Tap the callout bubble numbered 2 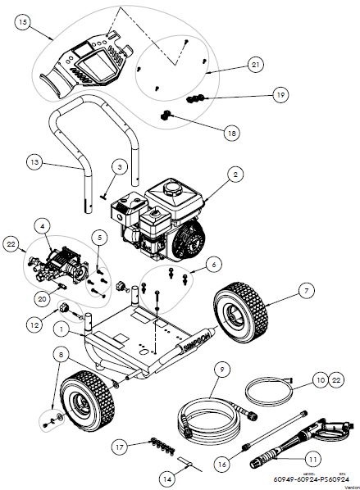click(x=235, y=174)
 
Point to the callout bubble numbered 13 click(x=33, y=163)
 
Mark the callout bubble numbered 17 click(x=121, y=447)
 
